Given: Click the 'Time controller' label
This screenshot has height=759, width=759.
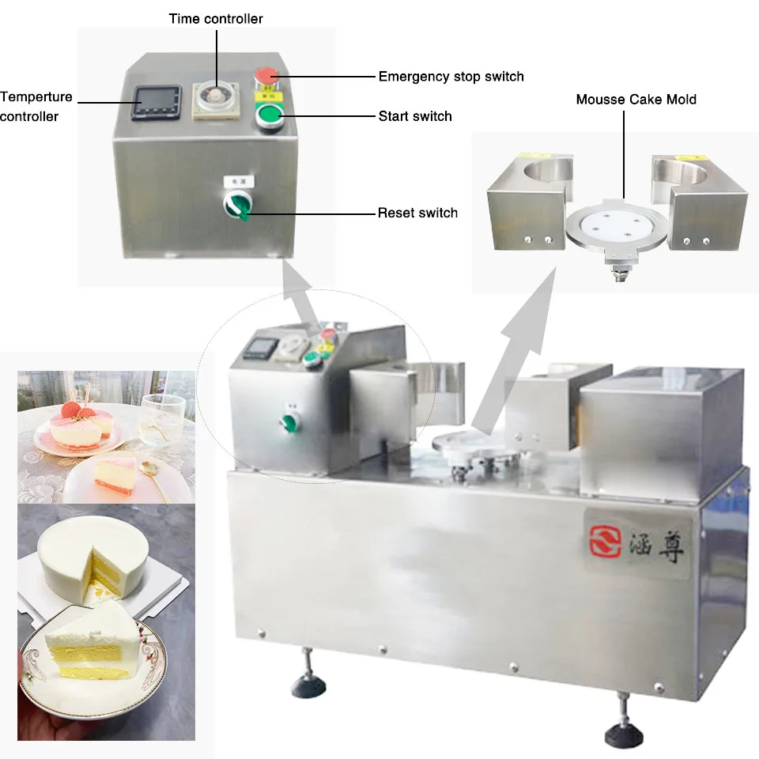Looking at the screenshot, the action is pos(216,18).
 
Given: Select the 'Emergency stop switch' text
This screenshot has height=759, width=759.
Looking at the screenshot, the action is pos(451,77).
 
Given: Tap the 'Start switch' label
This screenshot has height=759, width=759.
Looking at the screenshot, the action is pos(415,116).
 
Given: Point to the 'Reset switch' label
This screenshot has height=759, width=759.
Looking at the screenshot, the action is pos(417,213).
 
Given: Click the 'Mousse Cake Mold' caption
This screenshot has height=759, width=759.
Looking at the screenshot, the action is pos(636,100).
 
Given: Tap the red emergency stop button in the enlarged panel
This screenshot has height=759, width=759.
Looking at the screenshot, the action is pos(267,77).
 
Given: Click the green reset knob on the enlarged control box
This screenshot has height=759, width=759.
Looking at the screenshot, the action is pos(237,206).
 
